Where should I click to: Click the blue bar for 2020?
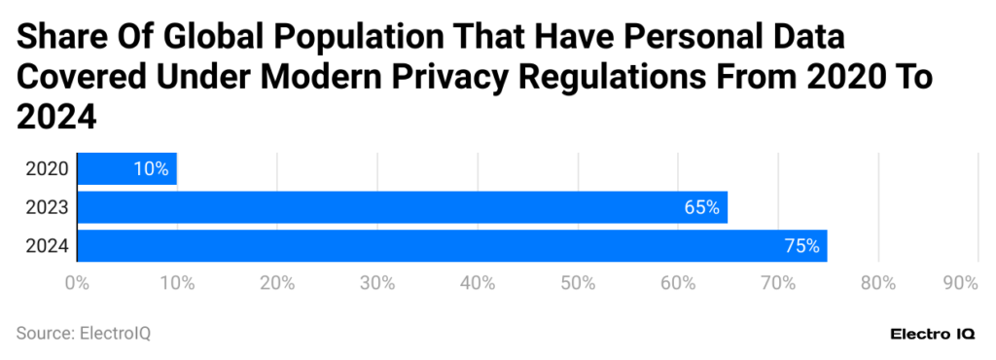tap(126, 168)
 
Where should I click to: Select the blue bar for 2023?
tap(402, 207)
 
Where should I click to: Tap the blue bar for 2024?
tap(451, 246)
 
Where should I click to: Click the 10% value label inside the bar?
tap(151, 168)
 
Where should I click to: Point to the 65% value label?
tap(700, 207)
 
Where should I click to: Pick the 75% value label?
tap(801, 246)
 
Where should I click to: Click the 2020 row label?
tap(47, 168)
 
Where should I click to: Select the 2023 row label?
tap(47, 207)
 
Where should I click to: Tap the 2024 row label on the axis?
tap(47, 246)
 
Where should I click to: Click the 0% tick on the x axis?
tap(77, 283)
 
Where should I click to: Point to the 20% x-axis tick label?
tap(277, 283)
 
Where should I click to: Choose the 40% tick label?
tap(478, 283)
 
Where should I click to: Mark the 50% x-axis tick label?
tap(578, 283)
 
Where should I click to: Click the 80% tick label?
tap(878, 283)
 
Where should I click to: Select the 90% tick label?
tap(960, 283)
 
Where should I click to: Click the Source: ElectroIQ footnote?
tap(84, 334)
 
